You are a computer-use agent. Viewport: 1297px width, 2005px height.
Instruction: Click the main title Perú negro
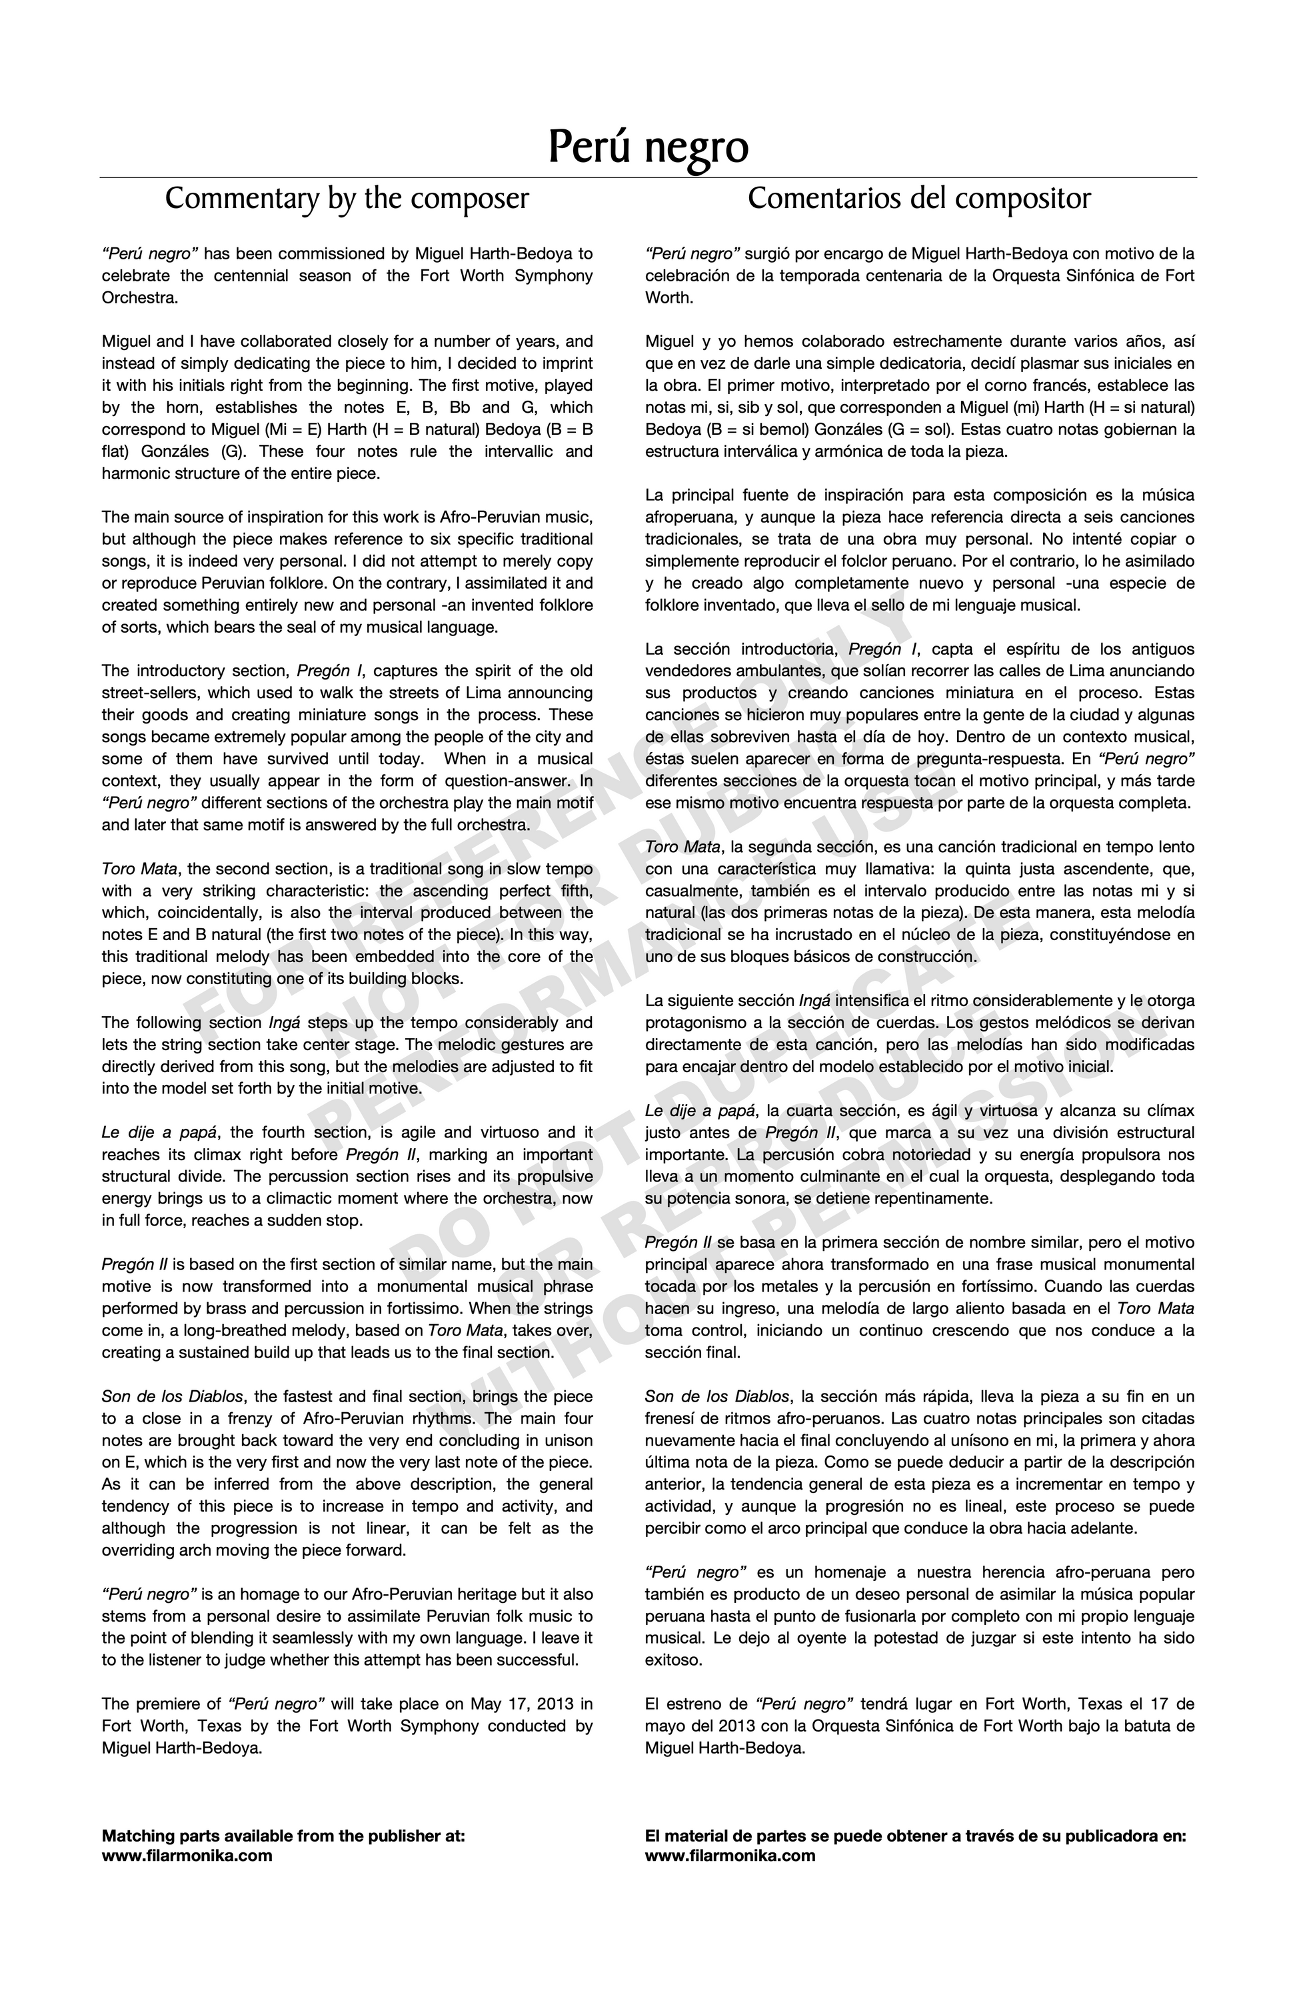[x=648, y=147]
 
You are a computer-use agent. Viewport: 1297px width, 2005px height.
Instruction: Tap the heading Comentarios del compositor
[x=919, y=199]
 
